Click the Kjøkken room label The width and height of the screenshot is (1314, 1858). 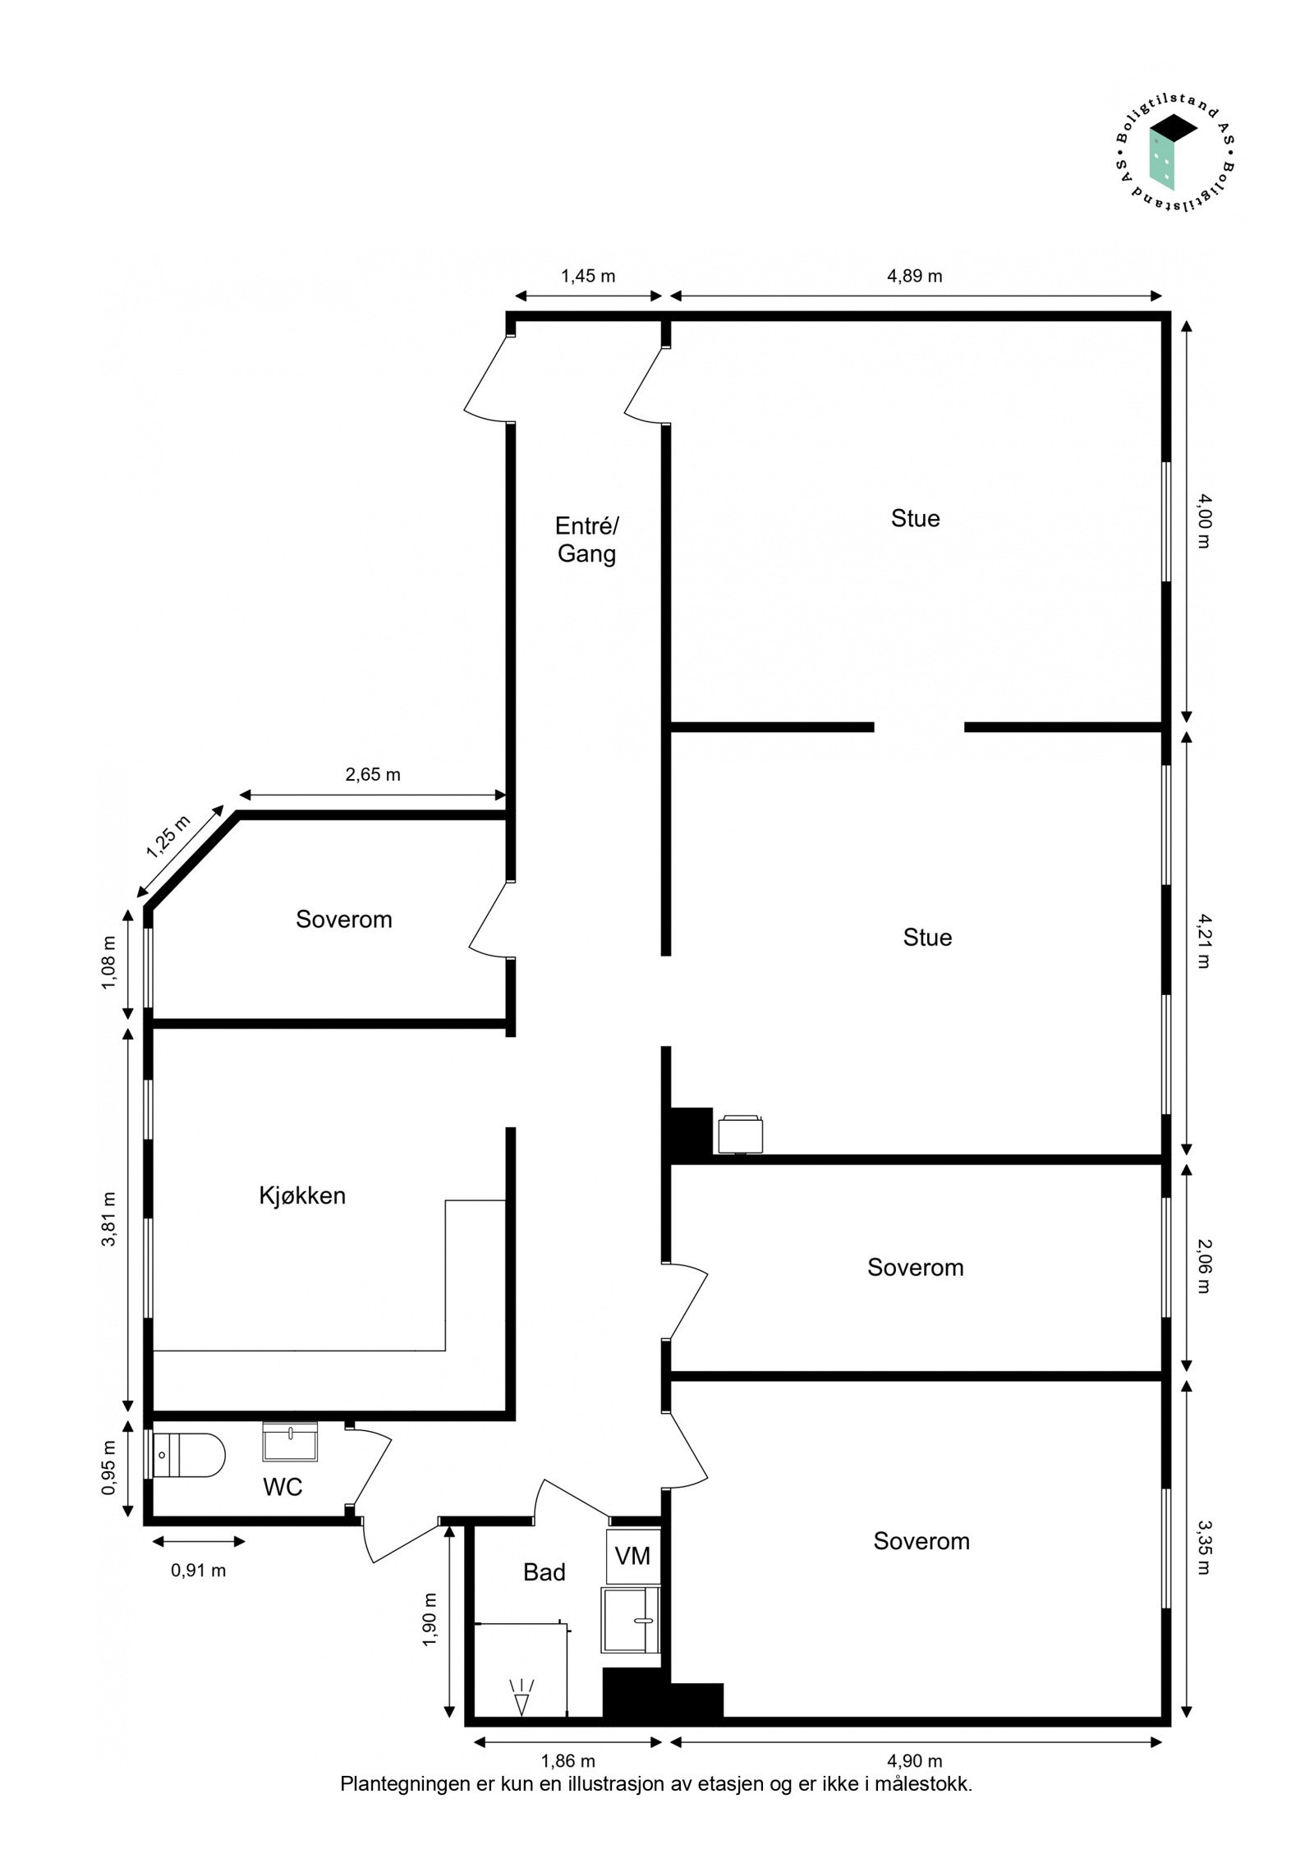(x=301, y=1195)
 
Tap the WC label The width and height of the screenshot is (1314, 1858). (x=283, y=1486)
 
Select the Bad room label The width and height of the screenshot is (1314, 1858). (x=544, y=1571)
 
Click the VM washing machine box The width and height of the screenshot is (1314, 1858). (x=632, y=1556)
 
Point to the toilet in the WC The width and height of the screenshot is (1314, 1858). (x=188, y=1456)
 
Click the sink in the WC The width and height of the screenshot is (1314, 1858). (x=289, y=1442)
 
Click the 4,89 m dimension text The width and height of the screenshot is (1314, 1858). (x=914, y=276)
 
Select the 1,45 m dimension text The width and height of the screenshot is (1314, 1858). (x=588, y=276)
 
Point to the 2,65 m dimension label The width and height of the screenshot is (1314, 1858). (x=373, y=774)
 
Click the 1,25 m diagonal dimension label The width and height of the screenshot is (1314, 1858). (x=168, y=837)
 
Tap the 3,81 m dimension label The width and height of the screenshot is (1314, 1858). (x=108, y=1219)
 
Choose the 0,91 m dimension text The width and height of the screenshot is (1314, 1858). (x=198, y=1571)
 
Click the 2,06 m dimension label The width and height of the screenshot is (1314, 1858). (x=1203, y=1266)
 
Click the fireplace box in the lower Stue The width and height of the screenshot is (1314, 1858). (x=740, y=1134)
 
